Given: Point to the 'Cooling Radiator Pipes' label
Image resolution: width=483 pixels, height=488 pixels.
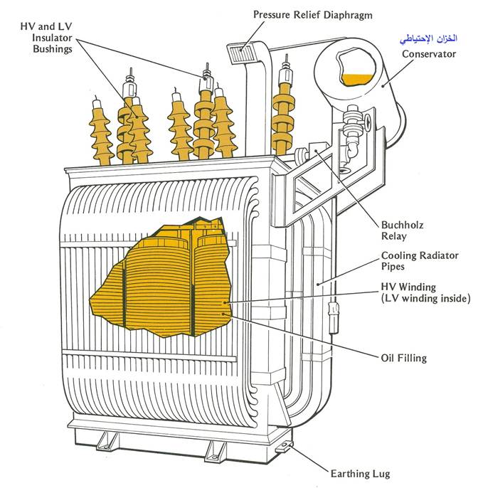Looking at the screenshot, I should pos(420,261).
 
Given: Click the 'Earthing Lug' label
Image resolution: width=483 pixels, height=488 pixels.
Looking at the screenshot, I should pos(360,473).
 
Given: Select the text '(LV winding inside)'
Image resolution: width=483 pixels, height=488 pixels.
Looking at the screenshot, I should pos(425,299).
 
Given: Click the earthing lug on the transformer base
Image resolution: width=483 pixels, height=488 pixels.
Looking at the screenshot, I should pos(285,447).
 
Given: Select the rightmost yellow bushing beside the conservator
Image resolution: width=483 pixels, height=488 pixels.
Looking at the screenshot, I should pos(284,114).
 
